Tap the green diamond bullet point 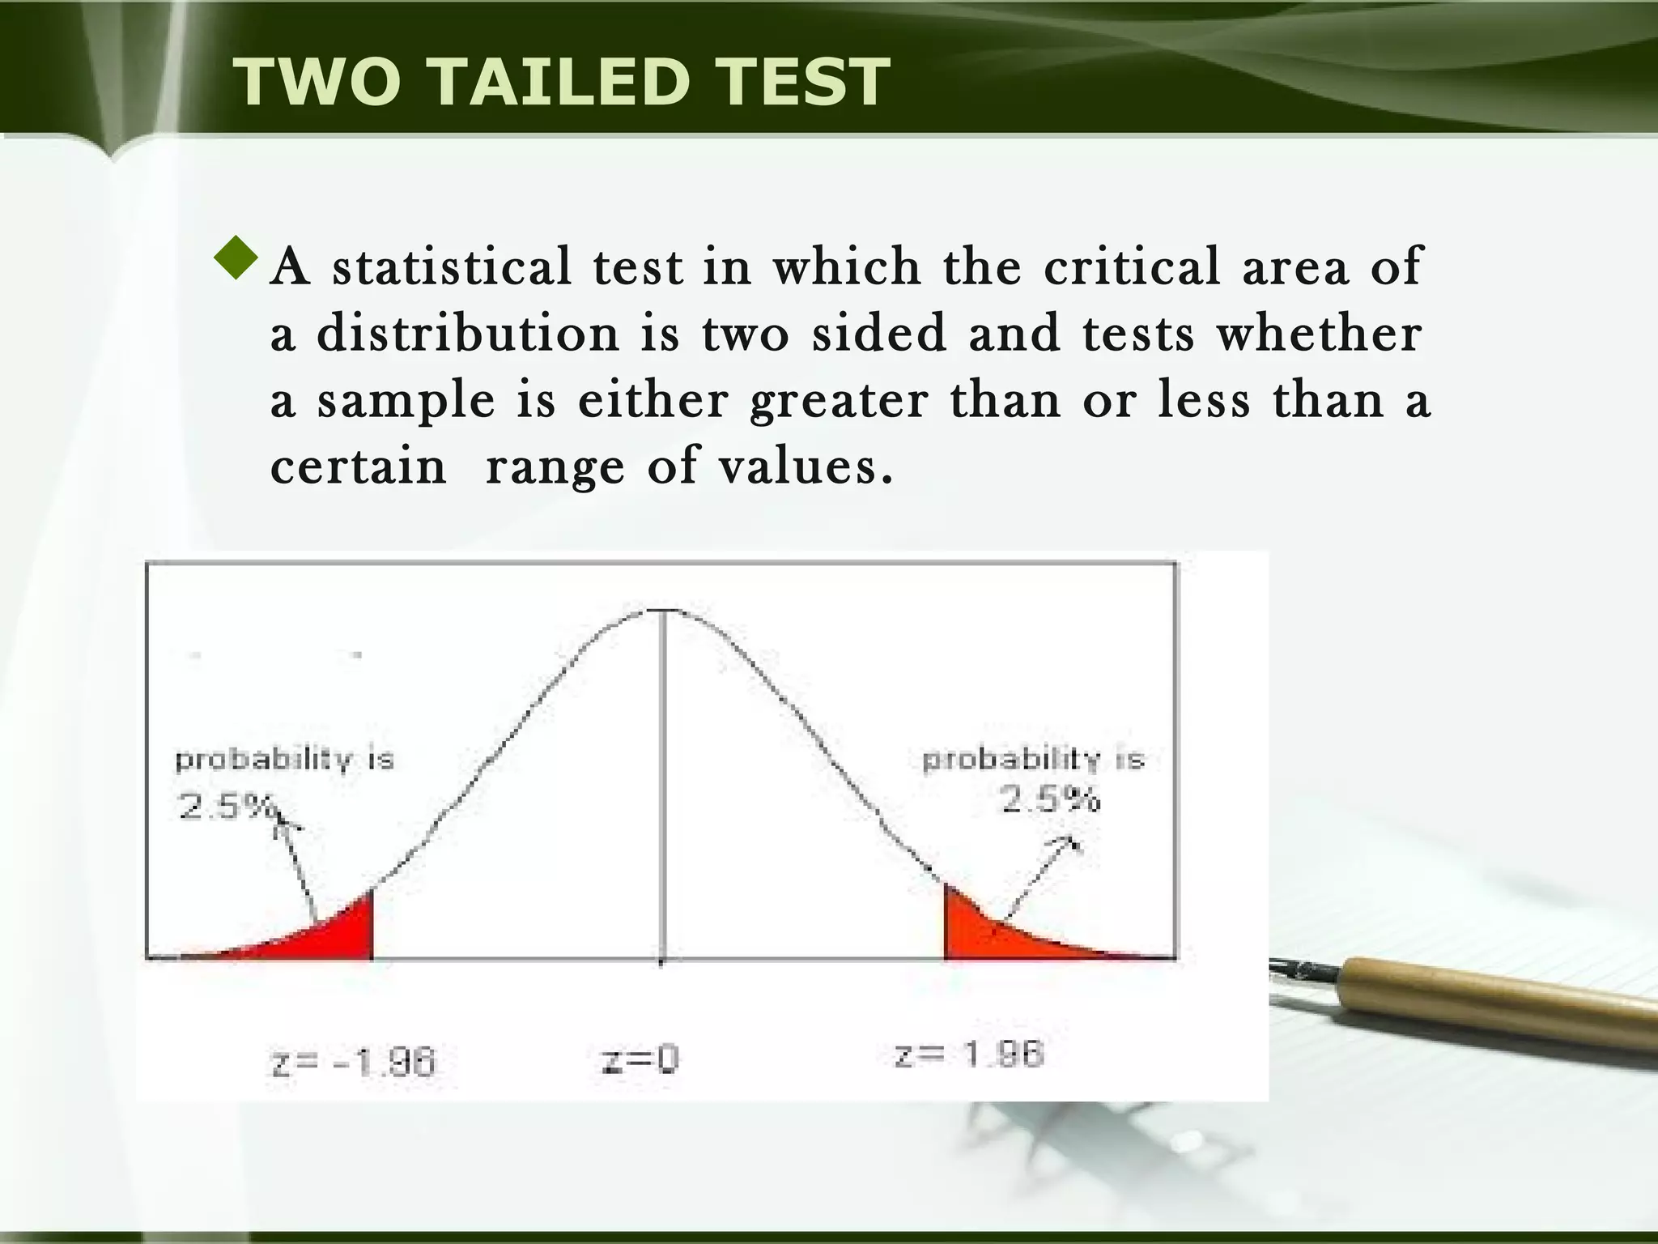(236, 258)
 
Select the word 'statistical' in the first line (452, 266)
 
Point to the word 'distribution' (468, 333)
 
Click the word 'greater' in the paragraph (839, 401)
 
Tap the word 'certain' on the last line (358, 466)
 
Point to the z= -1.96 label (354, 1062)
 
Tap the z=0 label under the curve (640, 1059)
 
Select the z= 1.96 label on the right (969, 1054)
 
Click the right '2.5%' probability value (1051, 800)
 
